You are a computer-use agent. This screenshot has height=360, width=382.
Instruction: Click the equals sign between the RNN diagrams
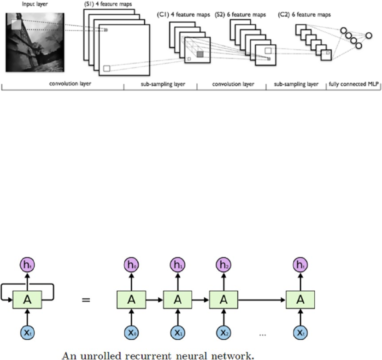[86, 300]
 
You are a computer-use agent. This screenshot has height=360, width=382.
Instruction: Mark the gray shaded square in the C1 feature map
[200, 54]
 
